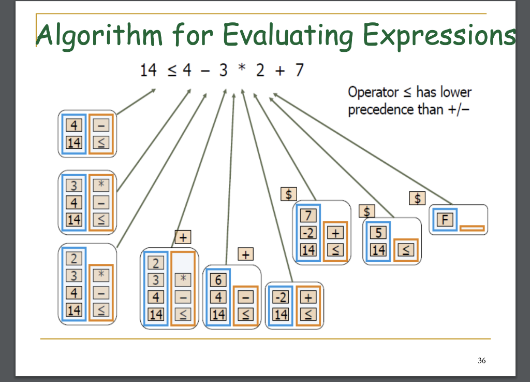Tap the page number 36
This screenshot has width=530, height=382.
[x=482, y=361]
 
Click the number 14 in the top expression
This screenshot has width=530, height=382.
[x=149, y=70]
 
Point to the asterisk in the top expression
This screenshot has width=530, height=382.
[x=240, y=70]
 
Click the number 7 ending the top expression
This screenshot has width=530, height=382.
[x=299, y=70]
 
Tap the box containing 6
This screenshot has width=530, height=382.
[x=218, y=280]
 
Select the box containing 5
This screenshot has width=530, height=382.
[x=378, y=233]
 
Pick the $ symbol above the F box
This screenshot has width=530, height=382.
[x=417, y=199]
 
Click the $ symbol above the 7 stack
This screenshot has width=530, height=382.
[x=288, y=194]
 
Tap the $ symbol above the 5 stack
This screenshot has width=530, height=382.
[x=366, y=211]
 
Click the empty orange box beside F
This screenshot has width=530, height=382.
[x=472, y=228]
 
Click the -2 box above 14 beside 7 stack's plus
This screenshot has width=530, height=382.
[x=308, y=233]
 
